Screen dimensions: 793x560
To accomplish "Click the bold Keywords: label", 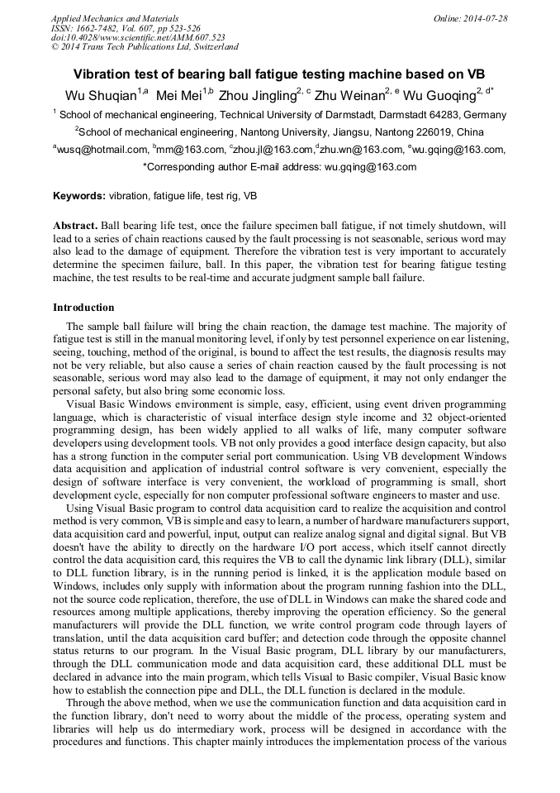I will click(x=78, y=197).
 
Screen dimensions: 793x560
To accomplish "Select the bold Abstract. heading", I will click(x=76, y=226).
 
